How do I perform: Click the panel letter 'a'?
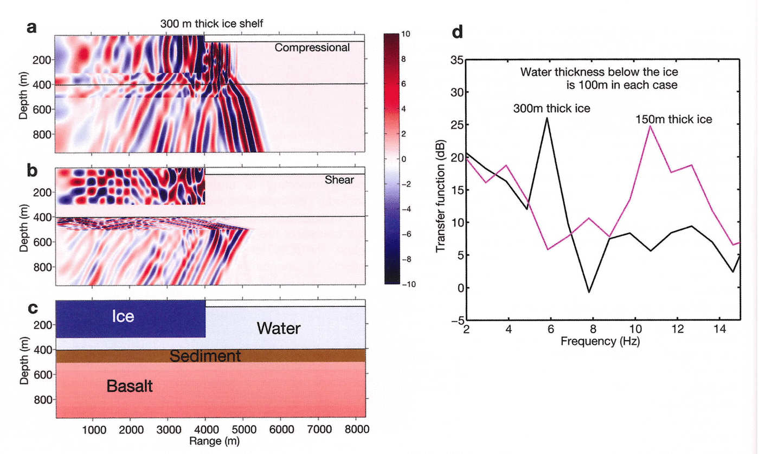(x=31, y=28)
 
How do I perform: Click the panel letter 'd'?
(x=458, y=33)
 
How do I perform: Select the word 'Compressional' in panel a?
(x=312, y=48)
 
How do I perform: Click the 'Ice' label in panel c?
(x=123, y=316)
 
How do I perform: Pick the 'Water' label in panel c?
(x=279, y=328)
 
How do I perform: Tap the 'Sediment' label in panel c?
(x=205, y=356)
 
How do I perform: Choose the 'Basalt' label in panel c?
(x=130, y=386)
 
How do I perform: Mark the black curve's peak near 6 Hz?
(x=547, y=118)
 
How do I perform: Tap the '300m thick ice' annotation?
(x=552, y=108)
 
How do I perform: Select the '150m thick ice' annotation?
(x=674, y=118)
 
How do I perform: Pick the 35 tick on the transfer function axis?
(x=455, y=60)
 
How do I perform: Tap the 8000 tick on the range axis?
(x=355, y=429)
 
